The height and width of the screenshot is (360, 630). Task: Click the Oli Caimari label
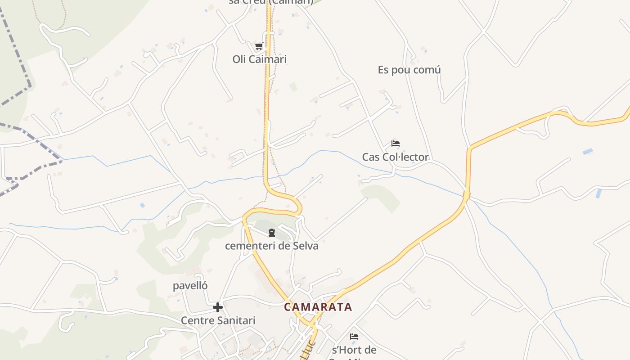[259, 59]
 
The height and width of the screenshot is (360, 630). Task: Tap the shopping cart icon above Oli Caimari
[259, 46]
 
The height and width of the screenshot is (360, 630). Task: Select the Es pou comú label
[409, 70]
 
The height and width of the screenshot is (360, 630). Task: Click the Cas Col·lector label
[395, 157]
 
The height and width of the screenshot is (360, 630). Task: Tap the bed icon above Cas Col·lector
[396, 144]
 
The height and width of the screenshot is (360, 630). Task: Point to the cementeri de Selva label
[271, 246]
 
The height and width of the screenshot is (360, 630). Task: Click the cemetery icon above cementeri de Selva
[271, 233]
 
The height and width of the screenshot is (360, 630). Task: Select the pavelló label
[190, 286]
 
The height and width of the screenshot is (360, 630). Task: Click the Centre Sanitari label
[218, 320]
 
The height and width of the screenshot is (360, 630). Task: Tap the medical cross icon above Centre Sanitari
[218, 307]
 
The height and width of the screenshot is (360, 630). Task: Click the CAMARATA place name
[318, 307]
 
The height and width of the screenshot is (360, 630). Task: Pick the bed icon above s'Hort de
[354, 336]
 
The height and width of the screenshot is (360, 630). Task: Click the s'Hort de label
[354, 350]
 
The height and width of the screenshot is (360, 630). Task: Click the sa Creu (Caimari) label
[271, 2]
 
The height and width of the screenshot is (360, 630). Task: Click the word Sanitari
[235, 320]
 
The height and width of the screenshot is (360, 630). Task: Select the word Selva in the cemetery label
[306, 246]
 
